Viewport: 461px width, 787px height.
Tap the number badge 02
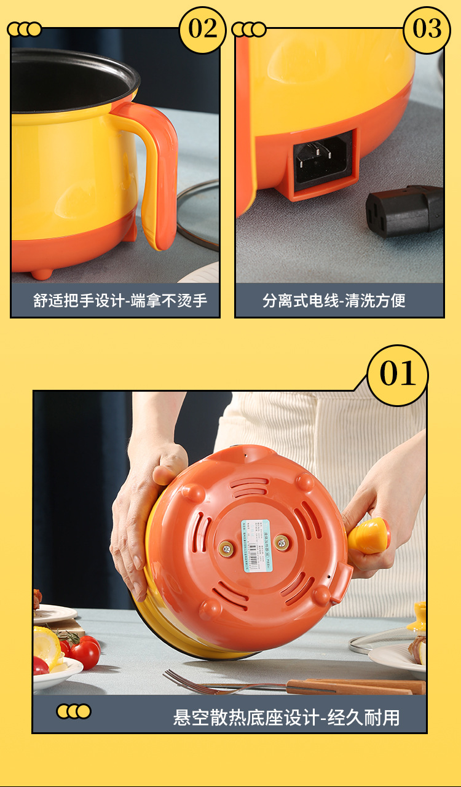(x=202, y=29)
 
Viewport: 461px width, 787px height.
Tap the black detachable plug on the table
(x=404, y=210)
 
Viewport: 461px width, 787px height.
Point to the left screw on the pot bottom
(x=226, y=548)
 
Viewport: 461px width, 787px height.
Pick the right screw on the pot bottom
(x=282, y=542)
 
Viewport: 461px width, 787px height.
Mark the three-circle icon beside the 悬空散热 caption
(x=74, y=711)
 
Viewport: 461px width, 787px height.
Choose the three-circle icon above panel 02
(x=25, y=29)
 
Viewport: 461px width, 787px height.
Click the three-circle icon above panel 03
(x=249, y=29)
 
